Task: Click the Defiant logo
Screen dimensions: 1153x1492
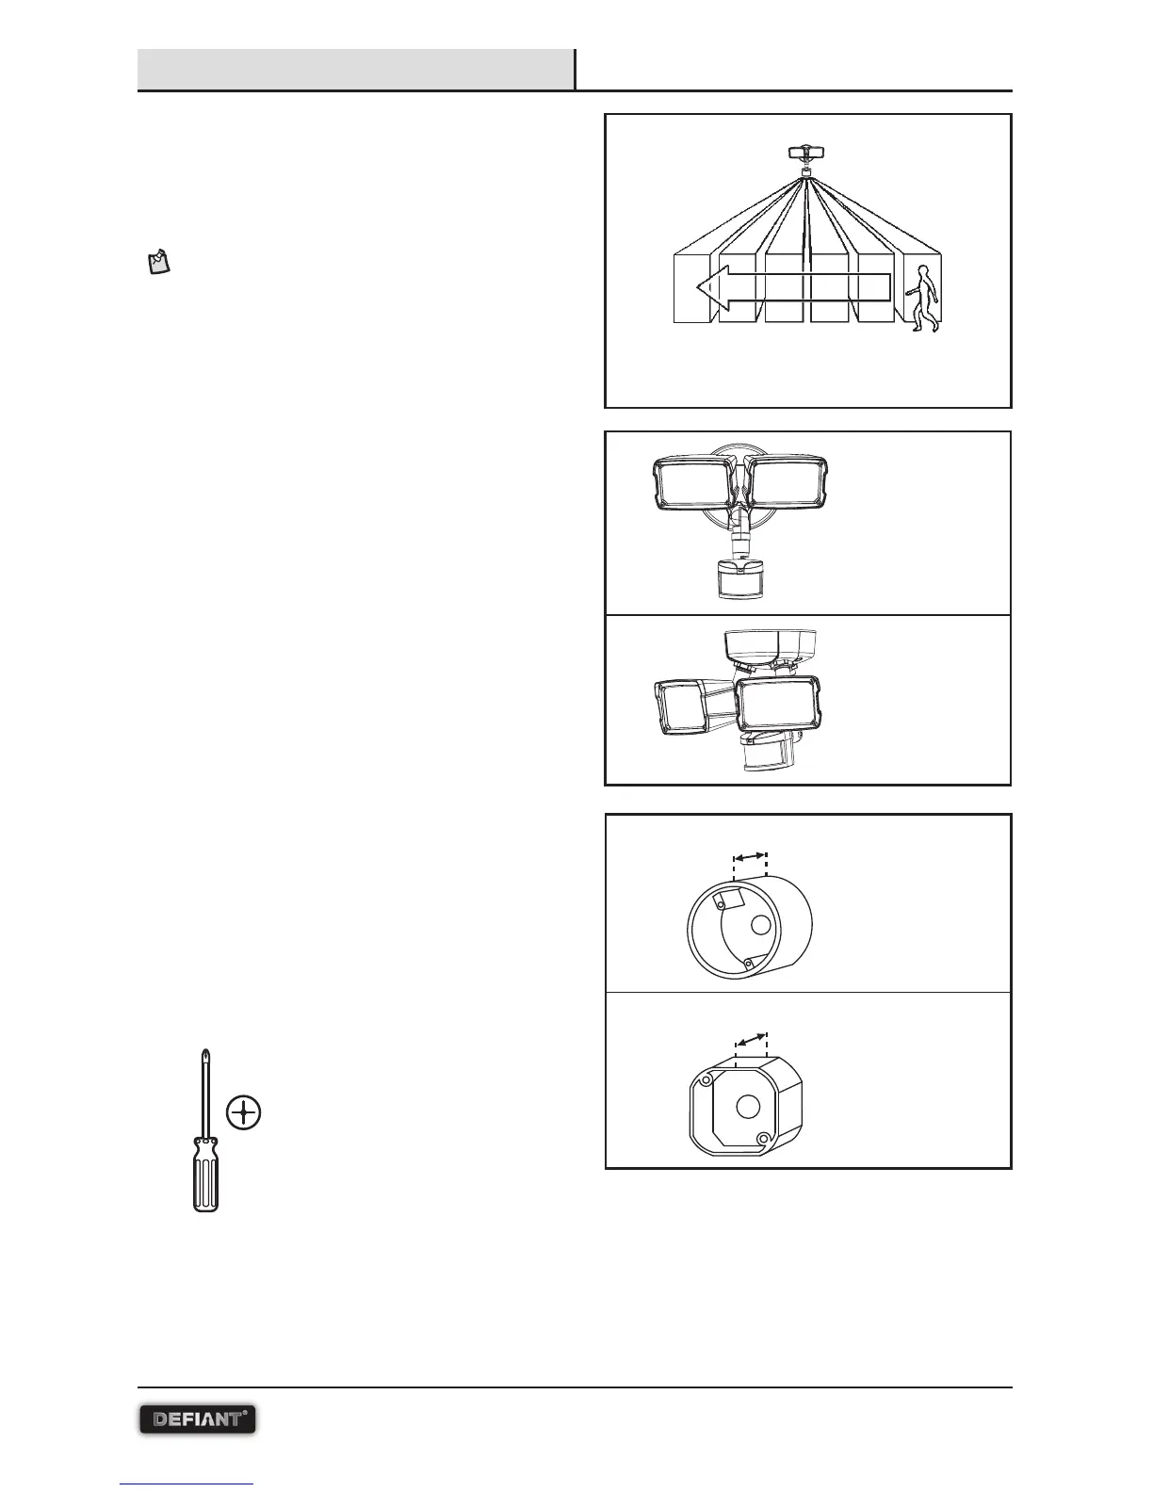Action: point(198,1419)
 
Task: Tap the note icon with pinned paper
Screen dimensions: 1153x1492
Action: point(158,262)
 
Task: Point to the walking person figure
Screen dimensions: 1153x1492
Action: point(923,299)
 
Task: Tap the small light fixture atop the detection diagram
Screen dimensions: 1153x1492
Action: point(806,153)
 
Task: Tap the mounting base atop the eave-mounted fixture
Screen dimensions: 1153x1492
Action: point(770,646)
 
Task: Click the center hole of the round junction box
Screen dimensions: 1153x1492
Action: point(759,926)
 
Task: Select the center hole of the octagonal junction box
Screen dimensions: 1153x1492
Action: point(747,1106)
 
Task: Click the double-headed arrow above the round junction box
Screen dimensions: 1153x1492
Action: point(750,857)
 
